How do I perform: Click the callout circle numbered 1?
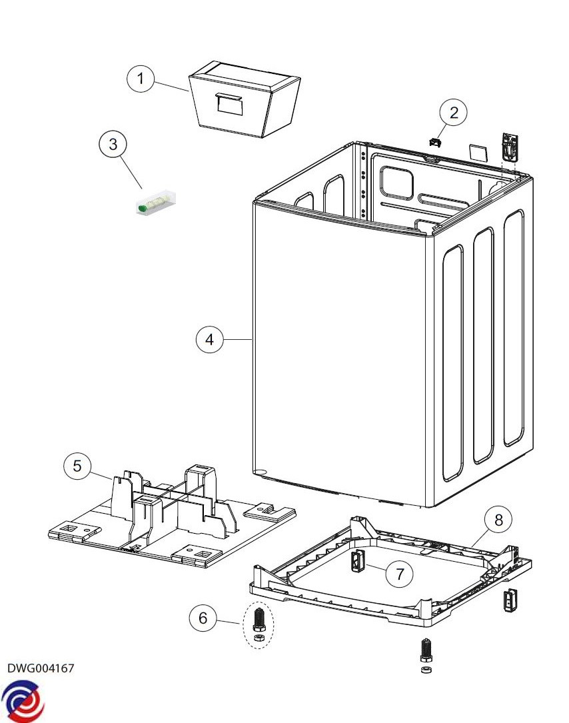click(140, 79)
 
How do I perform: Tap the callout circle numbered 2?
click(454, 113)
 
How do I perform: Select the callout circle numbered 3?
click(113, 143)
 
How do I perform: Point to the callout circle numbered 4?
click(209, 339)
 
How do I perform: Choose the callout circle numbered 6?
click(203, 618)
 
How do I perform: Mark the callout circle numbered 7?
click(400, 574)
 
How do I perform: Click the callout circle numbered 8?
click(499, 519)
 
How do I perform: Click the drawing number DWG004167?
click(41, 668)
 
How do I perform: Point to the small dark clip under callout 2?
click(434, 142)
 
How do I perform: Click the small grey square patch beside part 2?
click(478, 151)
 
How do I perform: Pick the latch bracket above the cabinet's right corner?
click(510, 145)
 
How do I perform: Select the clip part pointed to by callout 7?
click(357, 561)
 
